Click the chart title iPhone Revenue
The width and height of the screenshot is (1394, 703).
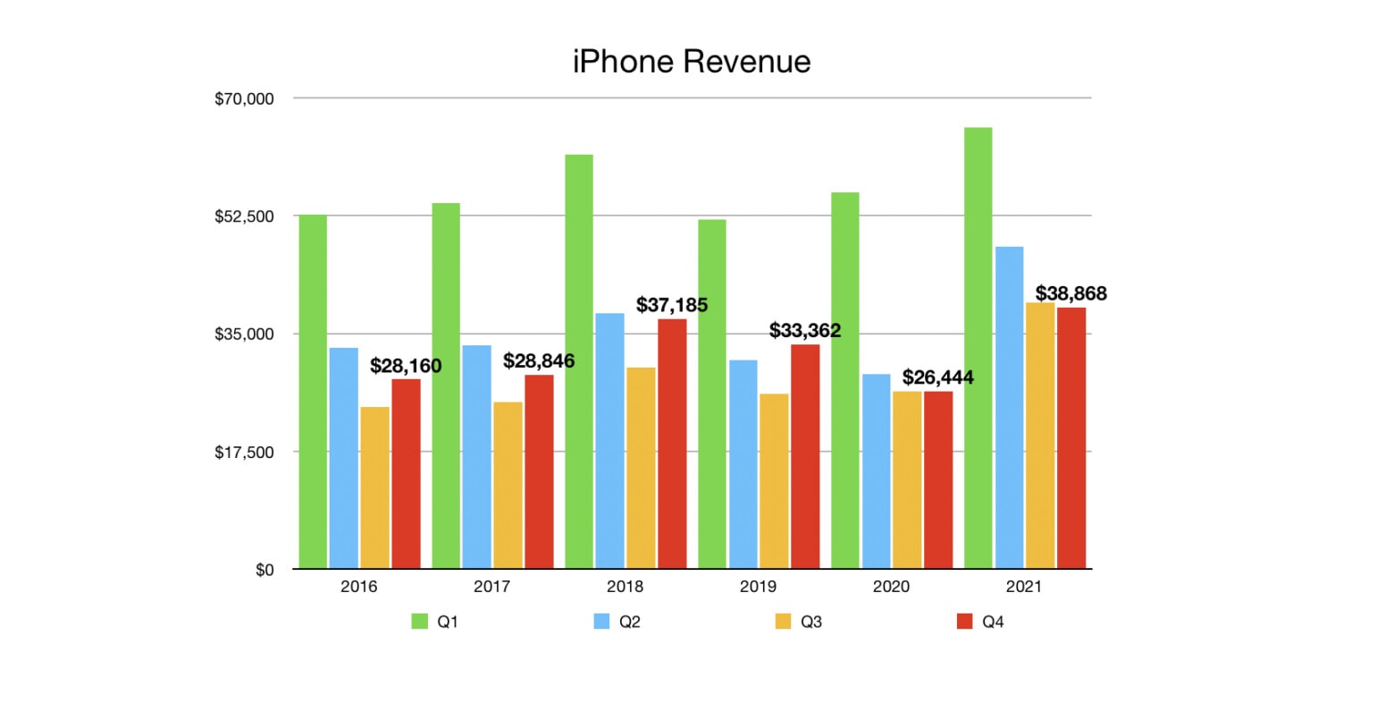[x=692, y=62]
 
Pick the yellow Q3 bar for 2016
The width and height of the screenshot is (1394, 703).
[x=374, y=487]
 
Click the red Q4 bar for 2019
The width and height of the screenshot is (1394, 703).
[x=805, y=456]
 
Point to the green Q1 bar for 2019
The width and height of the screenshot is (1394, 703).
[x=711, y=394]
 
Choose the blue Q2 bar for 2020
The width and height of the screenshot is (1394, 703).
[x=876, y=470]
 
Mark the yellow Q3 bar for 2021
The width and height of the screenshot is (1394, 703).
[x=1040, y=435]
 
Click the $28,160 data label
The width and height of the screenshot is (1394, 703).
[x=406, y=366]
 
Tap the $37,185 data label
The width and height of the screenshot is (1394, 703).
[x=672, y=305]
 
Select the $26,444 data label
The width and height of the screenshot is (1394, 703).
[x=937, y=377]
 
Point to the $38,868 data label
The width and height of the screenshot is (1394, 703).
[x=1071, y=293]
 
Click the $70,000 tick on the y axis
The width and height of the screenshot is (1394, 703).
[x=244, y=98]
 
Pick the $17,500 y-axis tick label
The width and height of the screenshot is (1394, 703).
[x=244, y=452]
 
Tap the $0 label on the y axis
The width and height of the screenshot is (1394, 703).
[x=265, y=570]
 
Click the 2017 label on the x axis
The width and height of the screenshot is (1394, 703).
[x=491, y=587]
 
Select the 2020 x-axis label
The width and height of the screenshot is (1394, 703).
[x=891, y=587]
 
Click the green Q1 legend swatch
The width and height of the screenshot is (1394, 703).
[x=419, y=622]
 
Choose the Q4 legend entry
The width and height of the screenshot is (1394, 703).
[x=981, y=622]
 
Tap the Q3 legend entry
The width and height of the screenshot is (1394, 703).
[x=800, y=622]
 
